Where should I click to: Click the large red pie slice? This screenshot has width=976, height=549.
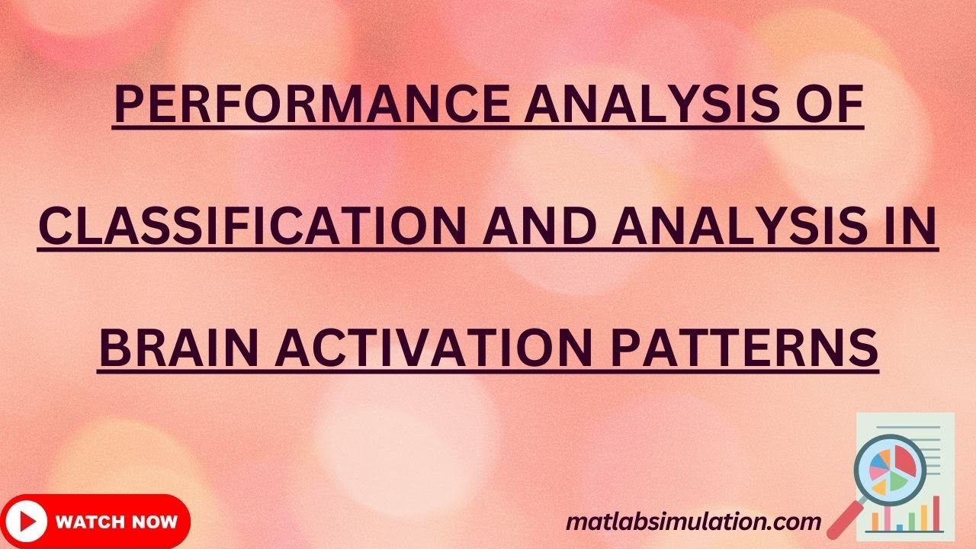coord(904,461)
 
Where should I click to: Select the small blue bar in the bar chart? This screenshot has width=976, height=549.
coord(900,527)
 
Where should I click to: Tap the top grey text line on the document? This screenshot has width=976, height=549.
coord(908,428)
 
